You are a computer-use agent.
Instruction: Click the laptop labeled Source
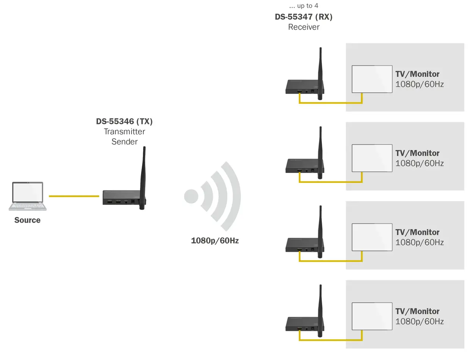[28, 196]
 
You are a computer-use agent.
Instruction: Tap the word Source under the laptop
[27, 220]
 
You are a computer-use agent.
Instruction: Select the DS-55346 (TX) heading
[124, 121]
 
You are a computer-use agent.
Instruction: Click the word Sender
[125, 142]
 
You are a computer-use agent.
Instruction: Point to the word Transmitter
[125, 132]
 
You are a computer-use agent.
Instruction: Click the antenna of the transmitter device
[143, 178]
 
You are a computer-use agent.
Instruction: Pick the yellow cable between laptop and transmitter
[74, 196]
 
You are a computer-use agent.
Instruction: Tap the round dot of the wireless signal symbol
[191, 196]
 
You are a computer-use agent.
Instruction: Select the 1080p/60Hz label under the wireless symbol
[215, 241]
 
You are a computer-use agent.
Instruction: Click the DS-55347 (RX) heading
[304, 17]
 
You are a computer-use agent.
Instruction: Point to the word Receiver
[304, 27]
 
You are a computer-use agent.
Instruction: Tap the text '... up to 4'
[304, 6]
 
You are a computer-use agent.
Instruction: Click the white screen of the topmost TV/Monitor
[372, 79]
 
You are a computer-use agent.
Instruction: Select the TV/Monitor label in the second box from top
[417, 153]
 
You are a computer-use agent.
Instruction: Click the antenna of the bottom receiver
[320, 311]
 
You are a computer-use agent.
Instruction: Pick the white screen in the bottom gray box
[372, 316]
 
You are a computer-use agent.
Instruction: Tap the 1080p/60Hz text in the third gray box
[419, 242]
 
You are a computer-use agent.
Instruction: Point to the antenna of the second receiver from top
[320, 153]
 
